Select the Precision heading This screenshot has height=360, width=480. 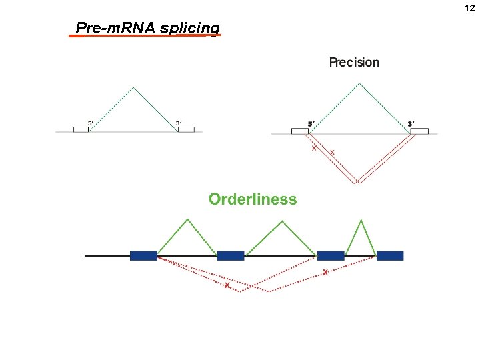[x=354, y=63]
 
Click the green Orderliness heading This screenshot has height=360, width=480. [x=253, y=199]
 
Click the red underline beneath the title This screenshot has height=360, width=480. [x=145, y=36]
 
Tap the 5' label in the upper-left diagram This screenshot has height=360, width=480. [x=91, y=123]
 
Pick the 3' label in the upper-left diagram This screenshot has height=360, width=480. [x=178, y=123]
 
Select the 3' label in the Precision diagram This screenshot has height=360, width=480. [x=411, y=123]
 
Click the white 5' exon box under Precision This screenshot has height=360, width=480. [x=300, y=131]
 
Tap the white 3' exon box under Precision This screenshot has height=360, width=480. [x=419, y=131]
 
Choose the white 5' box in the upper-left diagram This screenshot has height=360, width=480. [x=81, y=129]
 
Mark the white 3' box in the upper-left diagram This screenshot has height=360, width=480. [x=186, y=129]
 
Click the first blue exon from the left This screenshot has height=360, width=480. [x=143, y=255]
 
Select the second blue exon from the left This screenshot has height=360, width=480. [x=231, y=255]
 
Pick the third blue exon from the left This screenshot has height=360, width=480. [x=331, y=255]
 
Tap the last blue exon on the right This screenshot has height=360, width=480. [x=390, y=255]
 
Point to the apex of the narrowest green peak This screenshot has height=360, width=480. [x=361, y=219]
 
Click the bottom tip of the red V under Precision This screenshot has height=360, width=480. [x=358, y=182]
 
